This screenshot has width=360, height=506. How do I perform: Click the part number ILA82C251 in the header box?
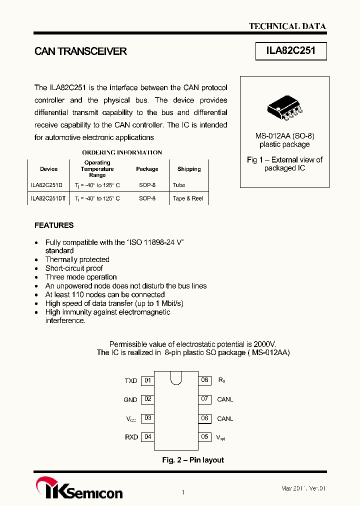[291, 51]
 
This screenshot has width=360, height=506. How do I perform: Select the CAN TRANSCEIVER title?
[80, 51]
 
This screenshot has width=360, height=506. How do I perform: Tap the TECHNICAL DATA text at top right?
[287, 26]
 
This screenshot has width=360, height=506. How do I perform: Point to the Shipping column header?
[189, 169]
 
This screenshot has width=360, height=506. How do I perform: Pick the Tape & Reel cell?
[187, 198]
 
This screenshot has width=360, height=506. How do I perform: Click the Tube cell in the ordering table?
[178, 185]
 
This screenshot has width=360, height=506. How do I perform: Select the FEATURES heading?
[54, 225]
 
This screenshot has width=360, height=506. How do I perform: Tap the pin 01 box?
[147, 380]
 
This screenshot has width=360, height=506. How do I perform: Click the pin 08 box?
[204, 380]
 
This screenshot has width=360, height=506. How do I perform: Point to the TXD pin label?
[131, 381]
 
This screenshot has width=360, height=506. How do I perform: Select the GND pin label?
[130, 400]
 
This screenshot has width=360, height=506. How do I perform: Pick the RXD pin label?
[131, 437]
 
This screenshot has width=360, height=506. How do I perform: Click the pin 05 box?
[204, 437]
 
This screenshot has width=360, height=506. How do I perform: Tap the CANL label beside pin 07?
[225, 399]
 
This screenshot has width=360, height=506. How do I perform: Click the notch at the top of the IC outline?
[176, 377]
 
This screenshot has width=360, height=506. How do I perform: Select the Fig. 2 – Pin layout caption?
[193, 460]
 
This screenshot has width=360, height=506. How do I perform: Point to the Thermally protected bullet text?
[77, 259]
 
